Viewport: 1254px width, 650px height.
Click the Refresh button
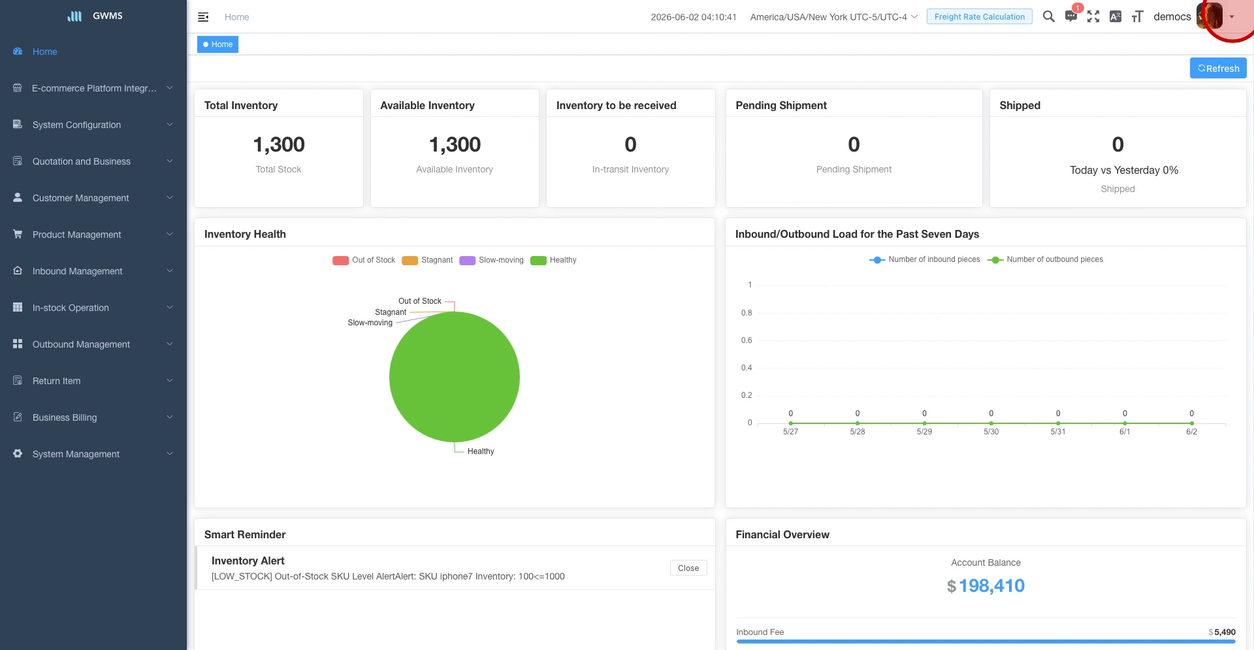1218,68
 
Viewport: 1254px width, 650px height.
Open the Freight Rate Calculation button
979,16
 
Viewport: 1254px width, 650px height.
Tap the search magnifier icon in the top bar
1048,16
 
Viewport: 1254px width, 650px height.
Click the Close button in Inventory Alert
688,568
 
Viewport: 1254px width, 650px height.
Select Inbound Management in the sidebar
77,271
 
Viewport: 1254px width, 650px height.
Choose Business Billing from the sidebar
65,417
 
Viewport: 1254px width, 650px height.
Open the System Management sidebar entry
76,454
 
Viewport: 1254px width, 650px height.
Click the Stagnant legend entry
427,260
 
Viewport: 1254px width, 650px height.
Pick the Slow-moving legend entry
491,260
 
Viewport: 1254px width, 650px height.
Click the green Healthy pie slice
455,377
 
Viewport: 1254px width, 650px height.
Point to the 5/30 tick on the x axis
991,432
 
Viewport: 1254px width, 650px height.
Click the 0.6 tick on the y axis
747,340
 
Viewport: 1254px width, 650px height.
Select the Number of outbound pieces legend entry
1045,259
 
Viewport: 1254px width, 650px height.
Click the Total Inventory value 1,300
279,144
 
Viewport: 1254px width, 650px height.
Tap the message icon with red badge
1071,16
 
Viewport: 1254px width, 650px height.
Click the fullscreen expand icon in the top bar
1093,16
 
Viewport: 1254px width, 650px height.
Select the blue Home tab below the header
217,44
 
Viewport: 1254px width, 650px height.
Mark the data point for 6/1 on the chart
1125,423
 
